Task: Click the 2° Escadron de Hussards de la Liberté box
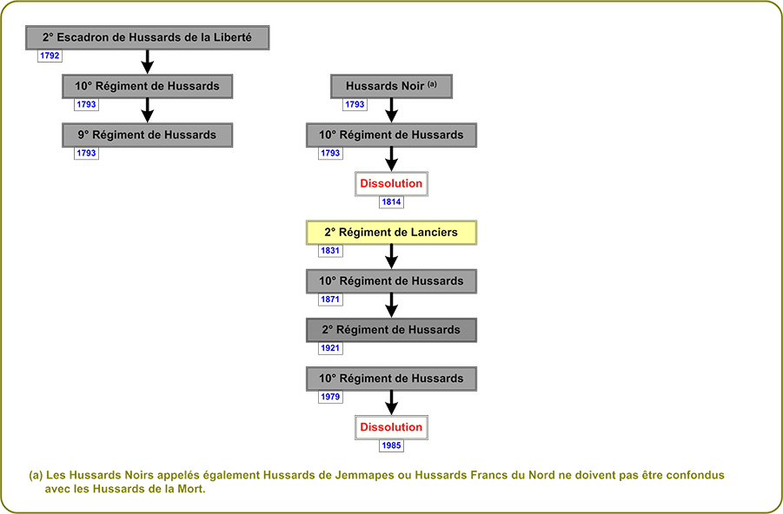[x=148, y=37]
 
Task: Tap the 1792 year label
[x=50, y=56]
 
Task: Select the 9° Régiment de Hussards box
[x=148, y=135]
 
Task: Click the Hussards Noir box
[x=391, y=86]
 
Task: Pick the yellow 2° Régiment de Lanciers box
[x=391, y=233]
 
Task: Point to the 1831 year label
[x=330, y=251]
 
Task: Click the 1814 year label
[x=391, y=202]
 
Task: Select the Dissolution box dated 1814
[x=391, y=184]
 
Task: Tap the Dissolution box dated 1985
[x=391, y=428]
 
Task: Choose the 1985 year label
[x=391, y=445]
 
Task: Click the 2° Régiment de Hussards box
[x=391, y=330]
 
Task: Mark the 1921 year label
[x=330, y=348]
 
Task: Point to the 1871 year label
[x=330, y=300]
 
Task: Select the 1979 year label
[x=330, y=397]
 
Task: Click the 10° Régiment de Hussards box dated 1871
[x=391, y=281]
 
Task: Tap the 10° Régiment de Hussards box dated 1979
[x=391, y=379]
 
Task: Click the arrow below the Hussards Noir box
[x=391, y=110]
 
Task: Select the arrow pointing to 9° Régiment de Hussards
[x=148, y=110]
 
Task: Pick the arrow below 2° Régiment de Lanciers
[x=391, y=256]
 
